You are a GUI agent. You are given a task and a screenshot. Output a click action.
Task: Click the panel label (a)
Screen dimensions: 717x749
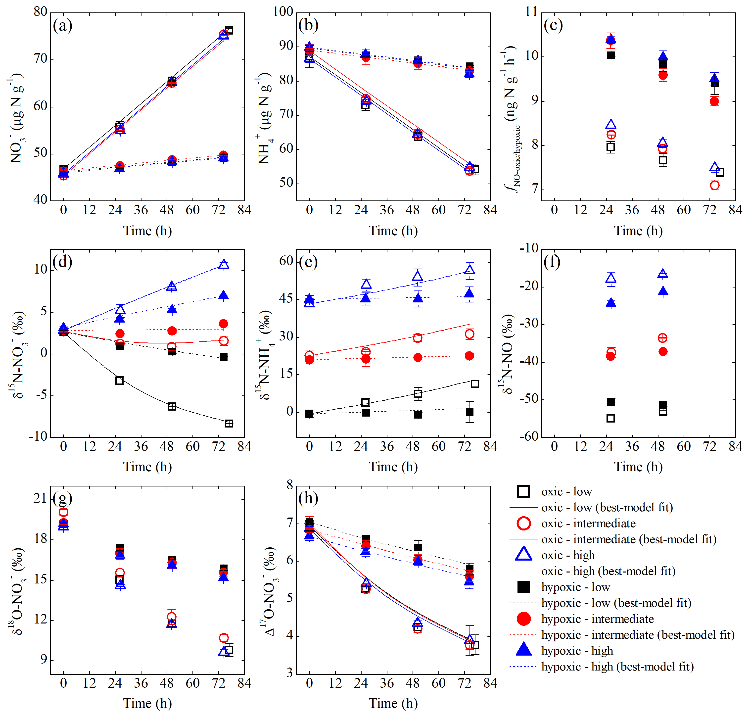click(63, 26)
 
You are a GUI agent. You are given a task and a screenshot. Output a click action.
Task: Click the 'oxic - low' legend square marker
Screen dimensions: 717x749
click(523, 491)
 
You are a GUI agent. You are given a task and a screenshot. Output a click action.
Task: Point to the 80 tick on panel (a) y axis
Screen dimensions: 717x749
click(41, 12)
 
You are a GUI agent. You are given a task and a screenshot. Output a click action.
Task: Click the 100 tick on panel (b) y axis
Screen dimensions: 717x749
click(283, 12)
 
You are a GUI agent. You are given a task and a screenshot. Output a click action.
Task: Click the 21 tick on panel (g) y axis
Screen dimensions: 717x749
click(41, 498)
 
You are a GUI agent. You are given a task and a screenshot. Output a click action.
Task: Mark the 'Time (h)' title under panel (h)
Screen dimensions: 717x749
click(393, 703)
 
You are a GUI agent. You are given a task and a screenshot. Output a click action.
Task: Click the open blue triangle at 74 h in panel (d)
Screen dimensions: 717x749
click(224, 264)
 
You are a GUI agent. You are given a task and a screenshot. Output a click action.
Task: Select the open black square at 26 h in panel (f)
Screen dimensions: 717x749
click(611, 418)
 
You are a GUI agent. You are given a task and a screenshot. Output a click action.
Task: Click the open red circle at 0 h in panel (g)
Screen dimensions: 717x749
click(63, 512)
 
